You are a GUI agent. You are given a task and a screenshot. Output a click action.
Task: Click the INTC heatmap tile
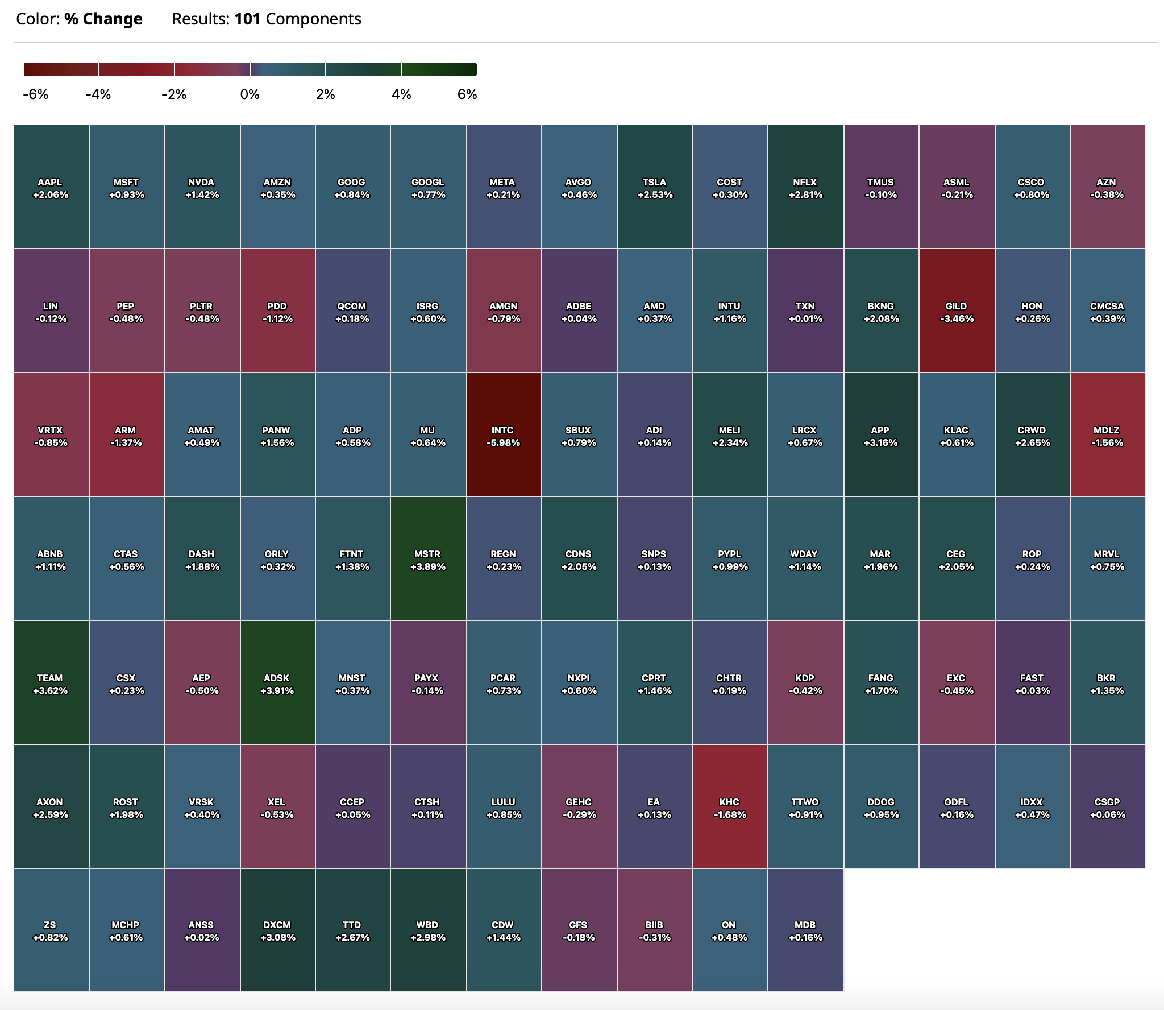click(503, 435)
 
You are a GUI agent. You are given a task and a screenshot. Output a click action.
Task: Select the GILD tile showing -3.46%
click(957, 311)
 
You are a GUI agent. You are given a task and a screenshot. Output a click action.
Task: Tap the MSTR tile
click(428, 559)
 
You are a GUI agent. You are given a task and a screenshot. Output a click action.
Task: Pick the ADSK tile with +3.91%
click(277, 683)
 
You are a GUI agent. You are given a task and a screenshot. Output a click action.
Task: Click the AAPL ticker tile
click(51, 187)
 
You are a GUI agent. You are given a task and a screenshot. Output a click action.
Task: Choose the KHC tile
click(730, 807)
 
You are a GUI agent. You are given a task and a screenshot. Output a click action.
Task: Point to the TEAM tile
click(51, 683)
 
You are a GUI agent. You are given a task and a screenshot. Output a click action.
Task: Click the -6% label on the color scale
click(36, 94)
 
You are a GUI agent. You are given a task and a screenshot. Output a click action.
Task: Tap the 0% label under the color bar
click(250, 94)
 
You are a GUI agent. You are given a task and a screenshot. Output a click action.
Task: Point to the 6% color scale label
click(467, 94)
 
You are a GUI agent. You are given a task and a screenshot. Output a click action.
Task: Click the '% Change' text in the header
click(103, 19)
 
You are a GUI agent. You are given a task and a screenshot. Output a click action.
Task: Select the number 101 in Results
click(247, 19)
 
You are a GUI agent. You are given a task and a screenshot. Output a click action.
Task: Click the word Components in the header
click(313, 19)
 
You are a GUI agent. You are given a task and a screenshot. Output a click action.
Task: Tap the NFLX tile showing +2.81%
click(805, 187)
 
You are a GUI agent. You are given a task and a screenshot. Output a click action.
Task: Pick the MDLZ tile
click(1107, 435)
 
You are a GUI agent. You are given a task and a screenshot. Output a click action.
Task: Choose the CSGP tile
click(1107, 807)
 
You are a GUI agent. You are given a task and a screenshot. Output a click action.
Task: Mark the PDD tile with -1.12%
click(277, 311)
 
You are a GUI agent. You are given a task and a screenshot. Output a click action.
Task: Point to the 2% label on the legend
click(325, 94)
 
